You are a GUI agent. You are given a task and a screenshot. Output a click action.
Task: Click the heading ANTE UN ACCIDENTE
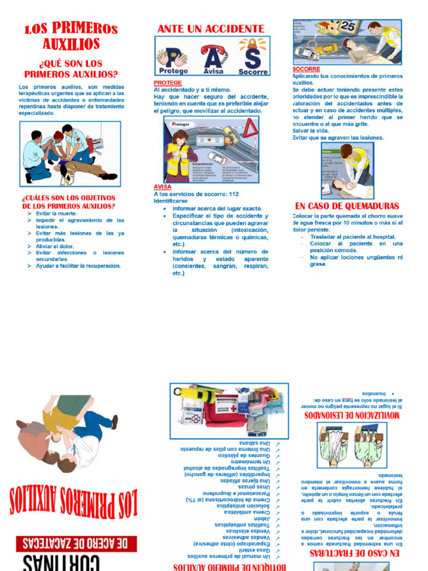click(211, 28)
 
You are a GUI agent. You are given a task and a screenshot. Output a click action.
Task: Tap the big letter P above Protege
click(173, 56)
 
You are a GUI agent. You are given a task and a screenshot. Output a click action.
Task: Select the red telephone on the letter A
click(213, 50)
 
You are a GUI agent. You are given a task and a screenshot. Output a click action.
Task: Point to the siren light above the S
click(252, 44)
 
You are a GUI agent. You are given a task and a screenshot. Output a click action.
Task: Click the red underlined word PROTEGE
click(168, 83)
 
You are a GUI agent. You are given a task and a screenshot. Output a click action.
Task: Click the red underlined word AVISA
click(162, 187)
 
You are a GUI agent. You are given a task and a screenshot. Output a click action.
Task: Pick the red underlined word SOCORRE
click(306, 69)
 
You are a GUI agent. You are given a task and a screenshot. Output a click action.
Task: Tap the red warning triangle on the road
click(250, 129)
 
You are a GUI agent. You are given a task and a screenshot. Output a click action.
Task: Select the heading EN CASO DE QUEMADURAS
click(347, 206)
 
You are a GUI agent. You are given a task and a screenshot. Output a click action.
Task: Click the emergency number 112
click(234, 194)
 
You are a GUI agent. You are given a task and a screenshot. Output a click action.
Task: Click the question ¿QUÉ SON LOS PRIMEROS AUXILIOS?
click(71, 69)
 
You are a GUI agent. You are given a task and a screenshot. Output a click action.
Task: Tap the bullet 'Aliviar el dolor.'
click(55, 246)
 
